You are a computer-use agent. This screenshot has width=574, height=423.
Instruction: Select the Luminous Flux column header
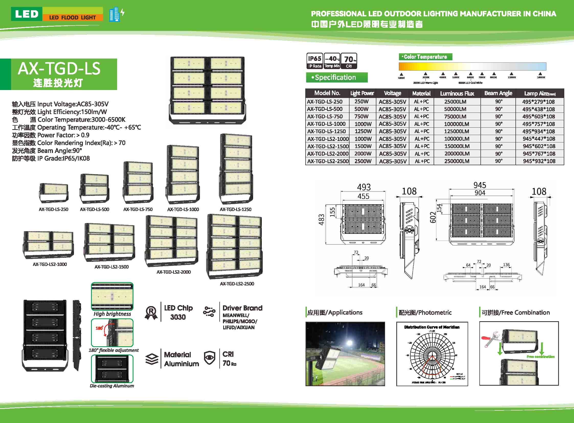[457, 93]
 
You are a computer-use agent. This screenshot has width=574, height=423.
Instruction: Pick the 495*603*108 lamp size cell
[539, 117]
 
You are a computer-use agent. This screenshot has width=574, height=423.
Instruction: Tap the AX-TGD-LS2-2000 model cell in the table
[328, 154]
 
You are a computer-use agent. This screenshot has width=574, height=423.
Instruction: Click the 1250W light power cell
[363, 131]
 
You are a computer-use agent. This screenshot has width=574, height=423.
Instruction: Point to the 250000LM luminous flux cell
[457, 161]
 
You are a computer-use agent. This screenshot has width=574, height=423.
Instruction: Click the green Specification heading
[337, 77]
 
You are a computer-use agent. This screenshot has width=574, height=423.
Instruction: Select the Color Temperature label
[425, 57]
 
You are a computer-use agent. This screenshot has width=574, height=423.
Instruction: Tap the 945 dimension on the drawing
[480, 185]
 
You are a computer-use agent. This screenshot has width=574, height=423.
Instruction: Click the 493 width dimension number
[364, 187]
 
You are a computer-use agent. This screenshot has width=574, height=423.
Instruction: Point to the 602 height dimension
[433, 217]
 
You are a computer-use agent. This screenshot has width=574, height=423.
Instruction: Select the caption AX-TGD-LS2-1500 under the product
[112, 267]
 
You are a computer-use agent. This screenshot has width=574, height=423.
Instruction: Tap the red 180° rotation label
[99, 328]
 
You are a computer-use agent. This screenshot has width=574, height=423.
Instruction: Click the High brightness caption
[112, 314]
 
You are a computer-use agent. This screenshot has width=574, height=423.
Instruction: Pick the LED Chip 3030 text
[178, 312]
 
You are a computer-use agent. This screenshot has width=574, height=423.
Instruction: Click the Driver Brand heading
[242, 308]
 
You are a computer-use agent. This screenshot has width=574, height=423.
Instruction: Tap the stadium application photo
[345, 354]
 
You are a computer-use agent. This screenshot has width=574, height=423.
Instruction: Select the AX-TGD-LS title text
[59, 69]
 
